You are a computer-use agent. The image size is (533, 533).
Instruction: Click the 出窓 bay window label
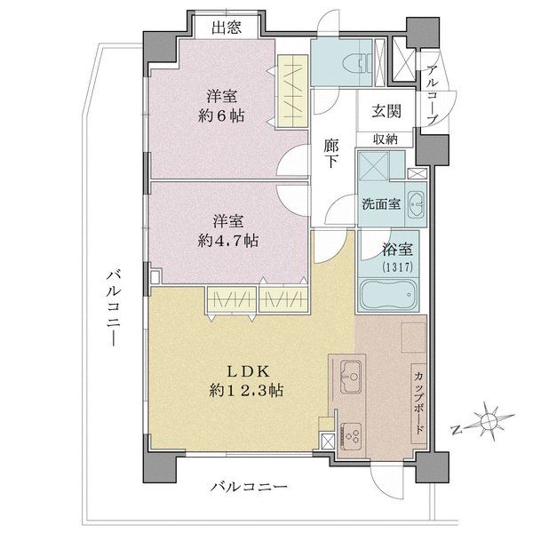pos(227,28)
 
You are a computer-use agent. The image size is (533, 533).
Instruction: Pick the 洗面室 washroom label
pos(380,203)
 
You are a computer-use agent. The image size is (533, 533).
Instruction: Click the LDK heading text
pos(245,370)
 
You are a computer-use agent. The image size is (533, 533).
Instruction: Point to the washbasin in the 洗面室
pos(416,198)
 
